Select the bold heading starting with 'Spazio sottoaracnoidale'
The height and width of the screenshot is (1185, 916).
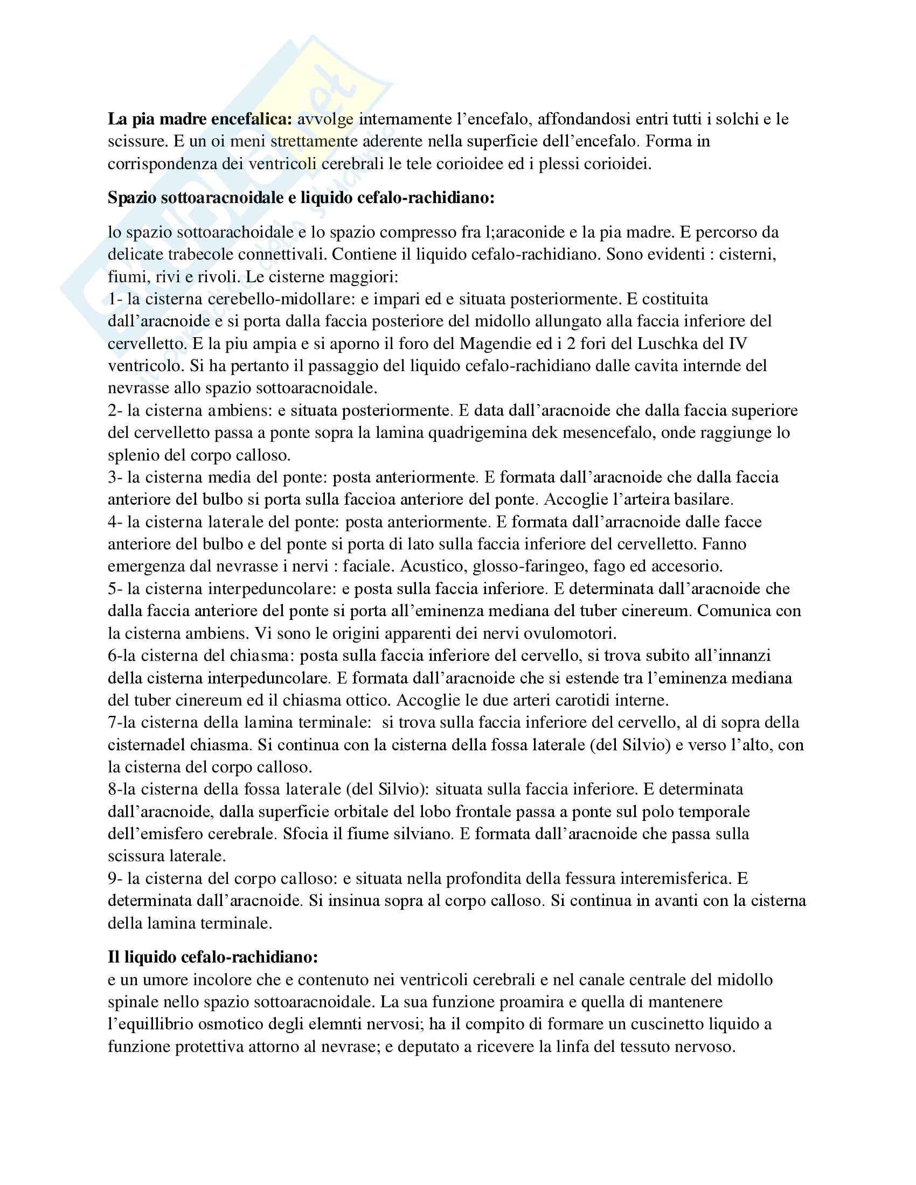301,198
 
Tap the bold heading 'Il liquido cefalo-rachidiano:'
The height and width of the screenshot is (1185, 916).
213,957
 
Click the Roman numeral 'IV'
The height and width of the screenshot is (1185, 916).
739,344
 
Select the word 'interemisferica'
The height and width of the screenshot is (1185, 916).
671,878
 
